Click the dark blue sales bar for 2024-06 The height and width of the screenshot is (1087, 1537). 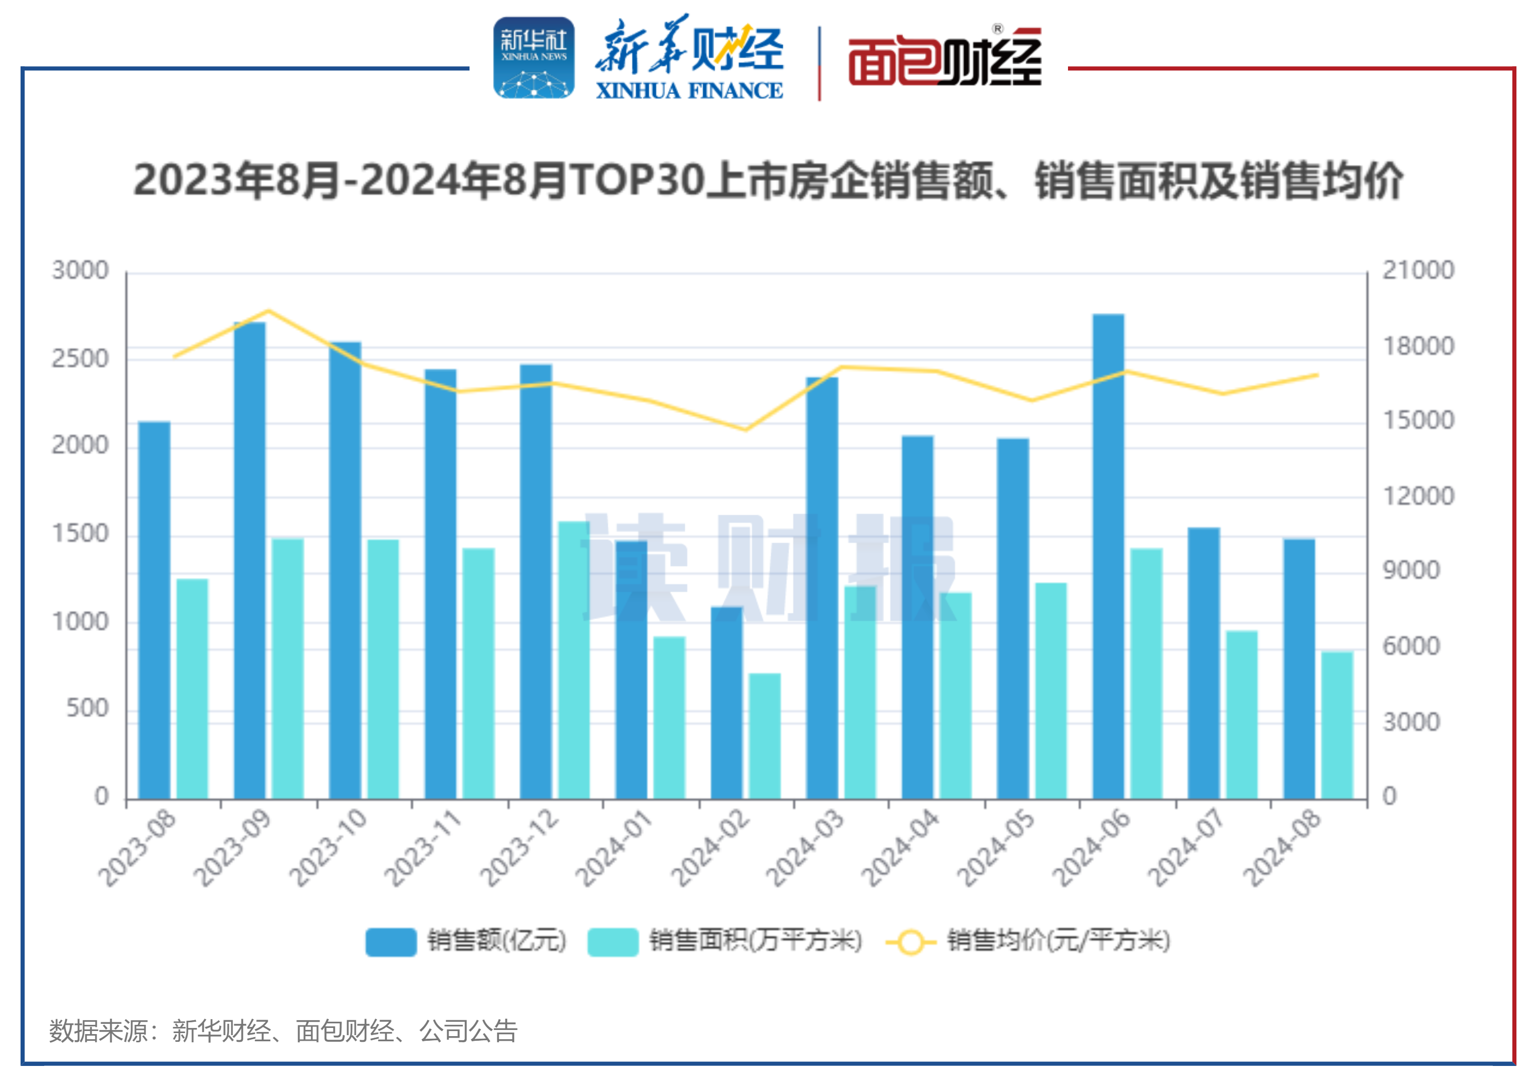(x=1108, y=555)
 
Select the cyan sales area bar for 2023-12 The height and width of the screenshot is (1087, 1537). (x=574, y=659)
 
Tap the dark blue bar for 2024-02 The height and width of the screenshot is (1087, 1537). (x=726, y=703)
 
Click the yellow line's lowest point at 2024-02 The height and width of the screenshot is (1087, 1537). (x=746, y=429)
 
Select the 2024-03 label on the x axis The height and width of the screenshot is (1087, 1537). (x=805, y=848)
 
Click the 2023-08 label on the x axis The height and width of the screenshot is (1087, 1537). (x=137, y=848)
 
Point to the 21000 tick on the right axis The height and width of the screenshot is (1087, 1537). (x=1418, y=270)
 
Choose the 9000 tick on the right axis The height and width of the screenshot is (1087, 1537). (x=1411, y=570)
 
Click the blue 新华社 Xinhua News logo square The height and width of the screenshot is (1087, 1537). (x=534, y=58)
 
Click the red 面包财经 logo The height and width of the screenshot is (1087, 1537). (x=945, y=60)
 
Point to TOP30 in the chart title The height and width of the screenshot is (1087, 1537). (x=638, y=181)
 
